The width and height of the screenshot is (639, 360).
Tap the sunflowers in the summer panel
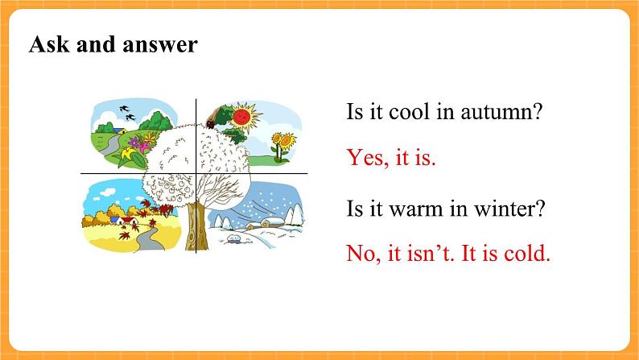click(x=283, y=147)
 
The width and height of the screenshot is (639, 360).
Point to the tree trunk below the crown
click(x=196, y=226)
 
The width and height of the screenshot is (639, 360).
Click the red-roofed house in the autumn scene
click(x=130, y=221)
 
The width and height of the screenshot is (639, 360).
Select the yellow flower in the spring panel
click(x=130, y=154)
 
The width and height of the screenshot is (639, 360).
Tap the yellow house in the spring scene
click(x=119, y=130)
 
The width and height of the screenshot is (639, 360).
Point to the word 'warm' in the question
click(x=415, y=209)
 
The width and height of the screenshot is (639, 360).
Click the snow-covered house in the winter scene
click(x=272, y=222)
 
